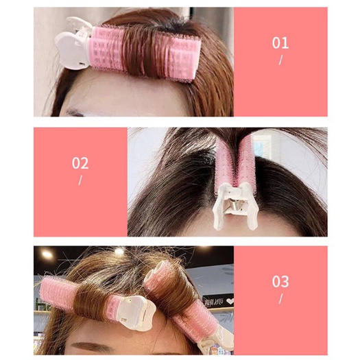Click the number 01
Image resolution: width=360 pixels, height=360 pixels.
point(280,43)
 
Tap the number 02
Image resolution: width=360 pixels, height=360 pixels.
point(80,163)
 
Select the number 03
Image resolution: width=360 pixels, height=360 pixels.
point(280,281)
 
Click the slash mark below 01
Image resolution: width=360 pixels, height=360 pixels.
point(280,60)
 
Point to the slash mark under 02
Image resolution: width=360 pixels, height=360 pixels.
point(80,180)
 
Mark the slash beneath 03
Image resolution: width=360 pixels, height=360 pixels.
point(280,299)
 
